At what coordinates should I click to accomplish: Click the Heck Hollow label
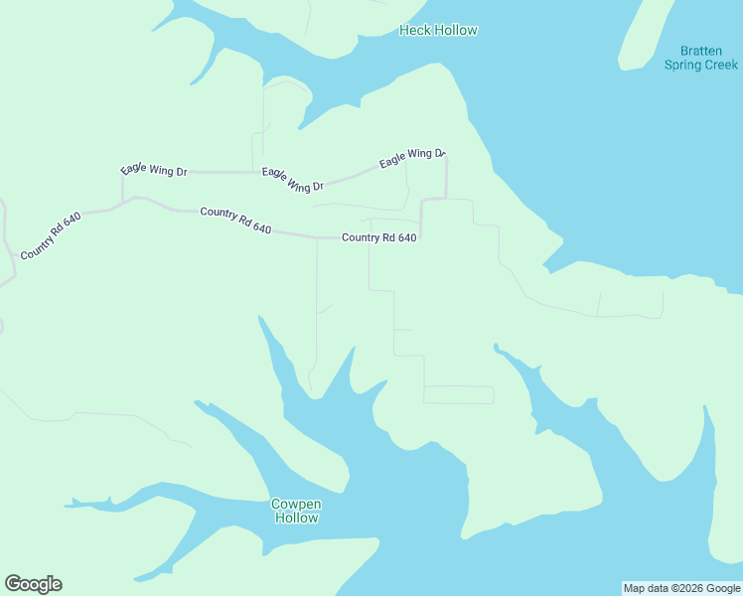[x=438, y=30]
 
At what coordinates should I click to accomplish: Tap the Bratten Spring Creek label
[x=701, y=58]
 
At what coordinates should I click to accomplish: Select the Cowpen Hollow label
[x=296, y=511]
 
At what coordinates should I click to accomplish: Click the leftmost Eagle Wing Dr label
[x=154, y=170]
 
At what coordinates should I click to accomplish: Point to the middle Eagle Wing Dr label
[x=293, y=180]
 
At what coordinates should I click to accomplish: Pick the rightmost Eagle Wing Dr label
[x=412, y=157]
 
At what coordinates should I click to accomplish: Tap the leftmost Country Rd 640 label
[x=50, y=235]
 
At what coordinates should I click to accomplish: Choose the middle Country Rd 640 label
[x=235, y=220]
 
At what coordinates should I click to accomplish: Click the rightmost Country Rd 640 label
[x=378, y=237]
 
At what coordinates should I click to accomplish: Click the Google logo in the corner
[x=33, y=584]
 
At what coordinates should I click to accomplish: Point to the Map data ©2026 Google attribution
[x=681, y=588]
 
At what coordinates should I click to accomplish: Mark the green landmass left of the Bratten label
[x=640, y=35]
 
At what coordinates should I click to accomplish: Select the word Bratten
[x=701, y=51]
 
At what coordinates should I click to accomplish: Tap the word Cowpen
[x=296, y=504]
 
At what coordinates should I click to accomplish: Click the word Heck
[x=414, y=30]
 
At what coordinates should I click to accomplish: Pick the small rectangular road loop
[x=459, y=394]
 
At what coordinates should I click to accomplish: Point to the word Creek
[x=721, y=65]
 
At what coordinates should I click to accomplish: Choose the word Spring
[x=683, y=65]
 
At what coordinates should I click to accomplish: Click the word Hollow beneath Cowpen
[x=296, y=518]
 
